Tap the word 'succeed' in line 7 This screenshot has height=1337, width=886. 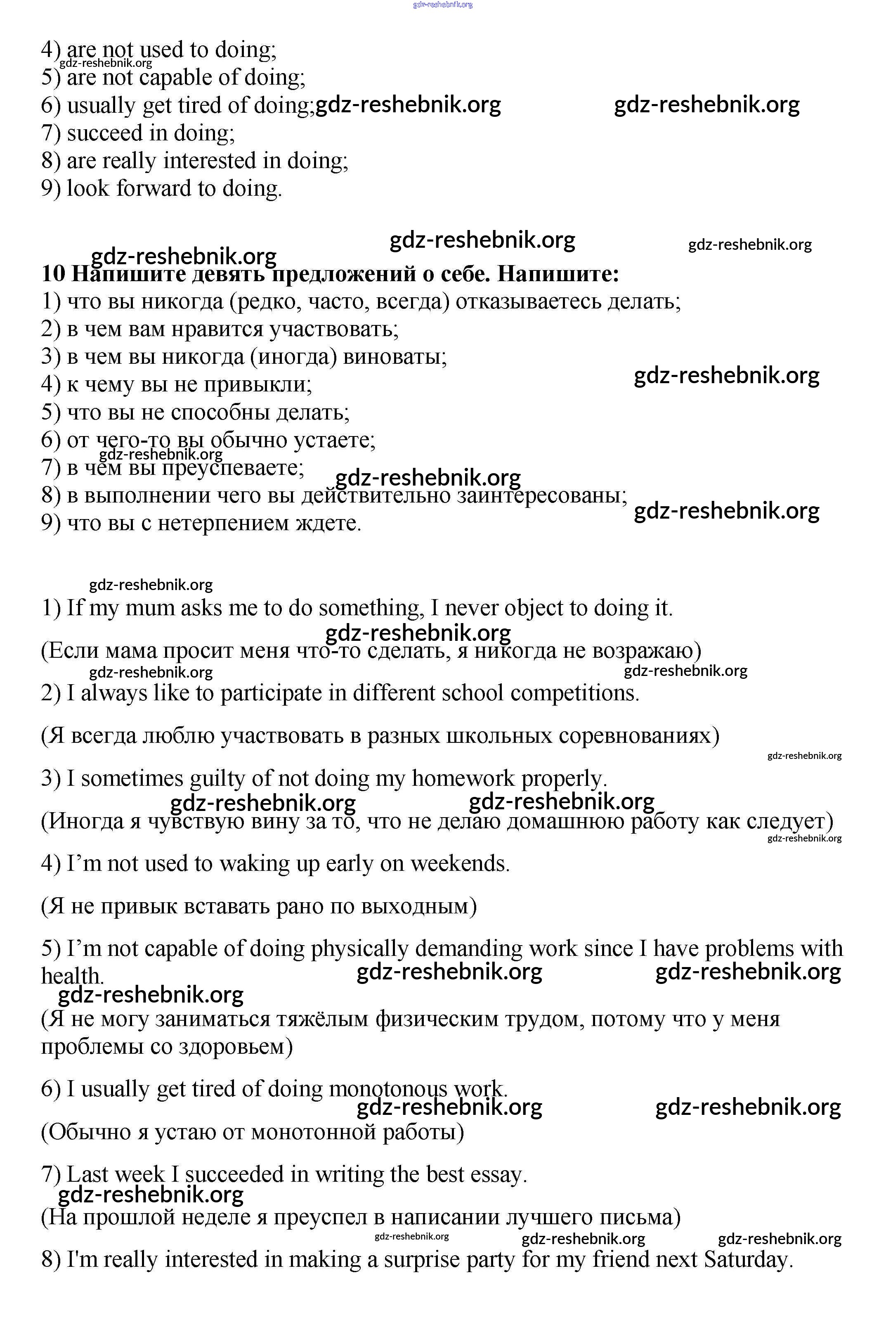[x=104, y=133]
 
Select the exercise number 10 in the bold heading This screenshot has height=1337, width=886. [x=54, y=274]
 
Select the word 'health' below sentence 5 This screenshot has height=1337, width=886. [x=71, y=976]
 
